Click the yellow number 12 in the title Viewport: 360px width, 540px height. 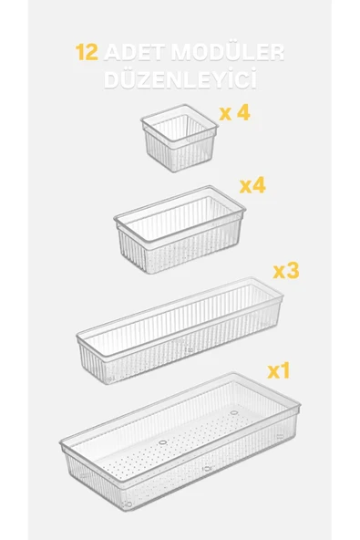click(87, 52)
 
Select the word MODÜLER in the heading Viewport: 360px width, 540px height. click(228, 52)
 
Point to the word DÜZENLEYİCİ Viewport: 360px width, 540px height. click(180, 78)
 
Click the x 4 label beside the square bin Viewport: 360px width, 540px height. click(234, 112)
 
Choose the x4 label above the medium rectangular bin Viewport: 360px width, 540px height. click(252, 186)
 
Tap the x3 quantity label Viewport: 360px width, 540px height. click(286, 271)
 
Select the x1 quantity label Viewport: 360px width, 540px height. click(279, 371)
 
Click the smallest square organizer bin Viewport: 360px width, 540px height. click(180, 138)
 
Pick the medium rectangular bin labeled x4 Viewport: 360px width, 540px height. click(180, 229)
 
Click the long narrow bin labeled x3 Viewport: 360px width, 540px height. click(180, 330)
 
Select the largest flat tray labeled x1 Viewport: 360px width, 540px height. click(180, 441)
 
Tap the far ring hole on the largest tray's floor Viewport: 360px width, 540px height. click(234, 412)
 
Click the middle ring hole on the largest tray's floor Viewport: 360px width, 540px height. click(163, 442)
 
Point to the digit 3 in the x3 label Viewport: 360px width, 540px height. click(293, 271)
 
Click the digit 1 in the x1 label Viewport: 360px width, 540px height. click(285, 371)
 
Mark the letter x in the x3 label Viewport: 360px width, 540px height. click(279, 273)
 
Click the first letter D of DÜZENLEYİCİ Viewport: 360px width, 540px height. click(111, 80)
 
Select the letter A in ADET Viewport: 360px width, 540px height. click(112, 53)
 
